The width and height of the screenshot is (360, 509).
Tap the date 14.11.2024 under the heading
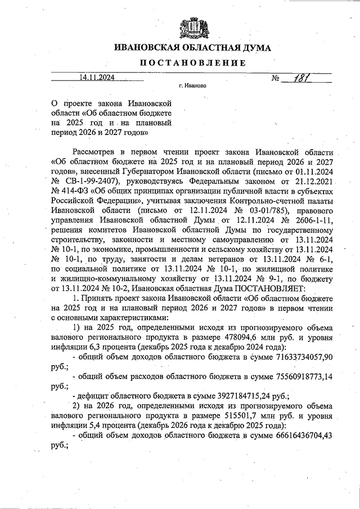97,78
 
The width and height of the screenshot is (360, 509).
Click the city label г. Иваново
192,87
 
